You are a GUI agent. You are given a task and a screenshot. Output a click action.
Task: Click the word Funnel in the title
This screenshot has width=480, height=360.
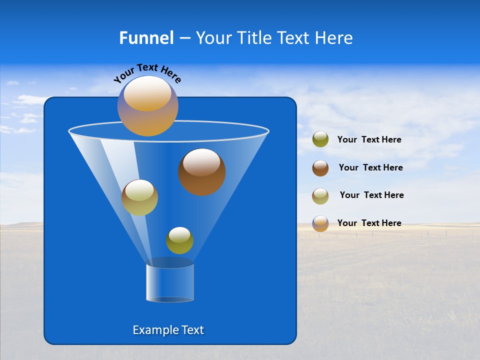click(x=146, y=38)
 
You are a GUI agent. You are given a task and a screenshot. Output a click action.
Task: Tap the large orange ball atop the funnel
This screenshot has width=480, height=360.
click(x=148, y=106)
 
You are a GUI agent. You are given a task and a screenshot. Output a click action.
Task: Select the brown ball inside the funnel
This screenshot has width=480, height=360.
click(x=202, y=172)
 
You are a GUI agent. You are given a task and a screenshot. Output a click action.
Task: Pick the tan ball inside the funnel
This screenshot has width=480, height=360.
click(x=139, y=197)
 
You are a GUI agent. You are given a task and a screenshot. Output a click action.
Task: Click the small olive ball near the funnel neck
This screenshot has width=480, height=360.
click(x=179, y=240)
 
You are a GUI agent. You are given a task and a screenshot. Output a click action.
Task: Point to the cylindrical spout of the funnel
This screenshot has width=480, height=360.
click(x=170, y=282)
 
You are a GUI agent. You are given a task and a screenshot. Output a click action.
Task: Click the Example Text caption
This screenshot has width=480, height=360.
click(x=168, y=330)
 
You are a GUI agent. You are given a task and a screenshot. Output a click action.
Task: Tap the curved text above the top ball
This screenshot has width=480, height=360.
click(x=147, y=73)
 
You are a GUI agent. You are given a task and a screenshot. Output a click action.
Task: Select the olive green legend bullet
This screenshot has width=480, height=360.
click(x=320, y=139)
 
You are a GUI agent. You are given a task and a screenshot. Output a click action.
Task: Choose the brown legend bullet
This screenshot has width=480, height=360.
click(x=320, y=168)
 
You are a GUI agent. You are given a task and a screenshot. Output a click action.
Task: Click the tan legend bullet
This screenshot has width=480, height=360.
click(x=320, y=196)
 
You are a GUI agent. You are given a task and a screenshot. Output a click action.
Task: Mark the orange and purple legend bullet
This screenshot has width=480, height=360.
click(x=320, y=223)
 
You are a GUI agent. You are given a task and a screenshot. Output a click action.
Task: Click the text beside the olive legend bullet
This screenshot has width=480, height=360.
click(x=369, y=140)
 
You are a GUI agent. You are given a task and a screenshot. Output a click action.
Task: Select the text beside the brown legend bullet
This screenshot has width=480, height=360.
click(x=370, y=168)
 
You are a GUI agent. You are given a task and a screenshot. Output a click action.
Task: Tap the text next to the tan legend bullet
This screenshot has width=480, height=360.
click(x=371, y=195)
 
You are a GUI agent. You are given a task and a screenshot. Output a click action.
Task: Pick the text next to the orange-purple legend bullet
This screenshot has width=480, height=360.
click(x=369, y=223)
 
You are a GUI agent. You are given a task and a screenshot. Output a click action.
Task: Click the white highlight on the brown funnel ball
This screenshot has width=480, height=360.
click(x=201, y=162)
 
